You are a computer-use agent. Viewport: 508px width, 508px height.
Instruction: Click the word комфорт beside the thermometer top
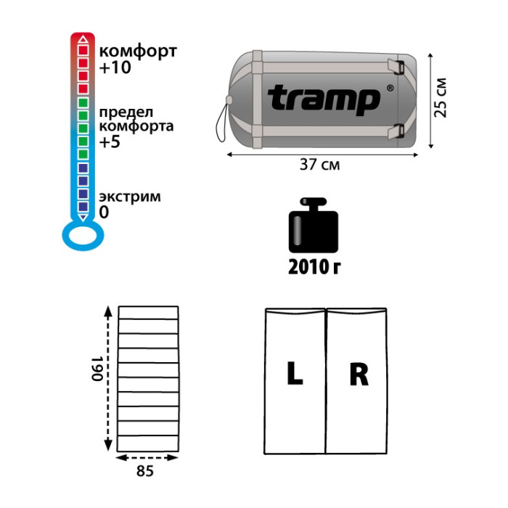(138, 52)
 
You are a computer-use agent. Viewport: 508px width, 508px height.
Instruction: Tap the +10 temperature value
(115, 67)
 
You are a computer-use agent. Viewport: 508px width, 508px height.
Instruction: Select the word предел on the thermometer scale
(126, 113)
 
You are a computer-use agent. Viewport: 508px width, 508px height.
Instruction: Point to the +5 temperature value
(110, 142)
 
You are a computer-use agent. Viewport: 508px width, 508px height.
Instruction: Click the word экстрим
(130, 197)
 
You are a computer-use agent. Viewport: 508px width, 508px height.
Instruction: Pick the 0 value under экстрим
(104, 212)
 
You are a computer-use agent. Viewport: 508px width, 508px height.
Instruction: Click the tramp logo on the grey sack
(324, 100)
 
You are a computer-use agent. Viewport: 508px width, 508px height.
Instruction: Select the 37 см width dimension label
(319, 165)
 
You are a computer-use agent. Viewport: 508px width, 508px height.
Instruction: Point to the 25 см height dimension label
(441, 97)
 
